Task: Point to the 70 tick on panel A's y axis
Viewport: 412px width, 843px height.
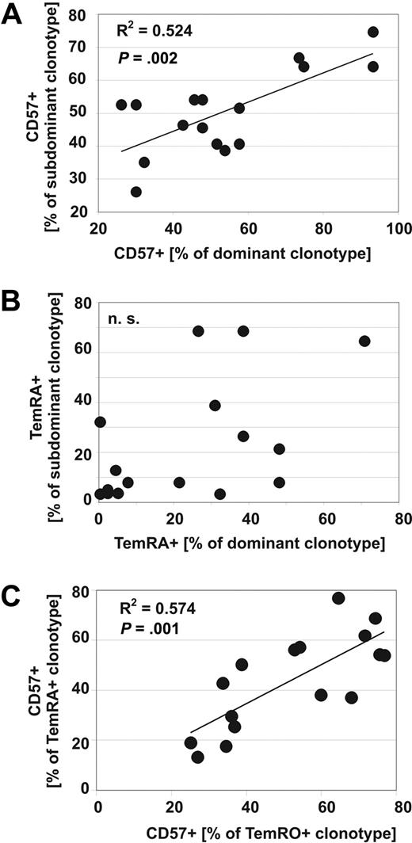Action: pos(78,47)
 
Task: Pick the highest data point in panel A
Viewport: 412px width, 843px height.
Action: pos(373,32)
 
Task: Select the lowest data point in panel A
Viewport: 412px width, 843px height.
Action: pos(136,192)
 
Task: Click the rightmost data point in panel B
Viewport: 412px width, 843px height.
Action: pos(364,341)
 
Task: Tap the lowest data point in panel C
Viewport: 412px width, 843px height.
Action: pos(197,757)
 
